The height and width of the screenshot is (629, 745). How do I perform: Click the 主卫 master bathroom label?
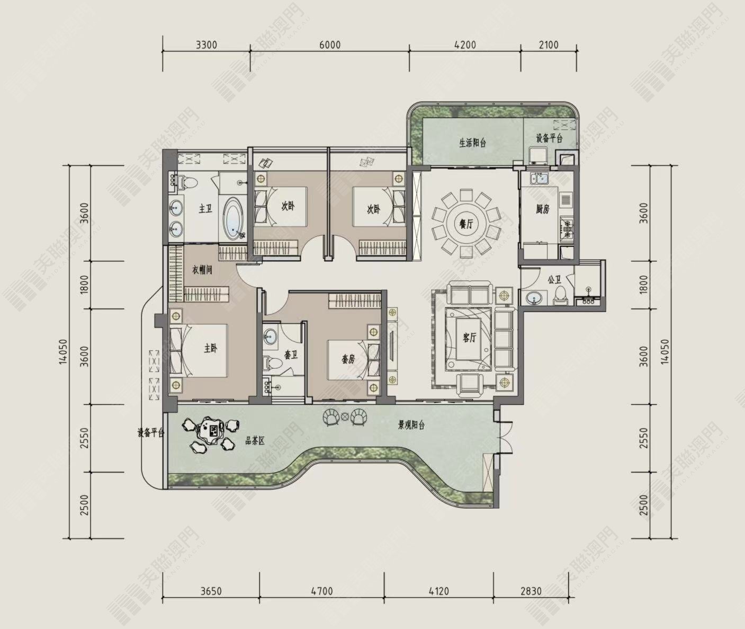tap(205, 209)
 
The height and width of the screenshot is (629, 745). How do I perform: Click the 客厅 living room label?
tap(469, 338)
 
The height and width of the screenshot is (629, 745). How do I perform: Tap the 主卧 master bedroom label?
tap(211, 348)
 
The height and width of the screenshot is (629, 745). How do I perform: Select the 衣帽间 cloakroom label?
tap(202, 270)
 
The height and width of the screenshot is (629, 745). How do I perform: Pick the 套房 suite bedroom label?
tap(347, 359)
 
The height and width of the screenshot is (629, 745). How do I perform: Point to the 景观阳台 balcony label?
tap(411, 425)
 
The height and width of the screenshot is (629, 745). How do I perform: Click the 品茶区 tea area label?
tap(255, 441)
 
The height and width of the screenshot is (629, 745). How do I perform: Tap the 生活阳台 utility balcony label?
tap(472, 143)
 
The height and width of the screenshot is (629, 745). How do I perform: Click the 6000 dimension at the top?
tap(330, 45)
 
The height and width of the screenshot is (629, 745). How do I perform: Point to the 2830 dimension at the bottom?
tap(531, 591)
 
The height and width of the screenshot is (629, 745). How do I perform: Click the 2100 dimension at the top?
tap(548, 45)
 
